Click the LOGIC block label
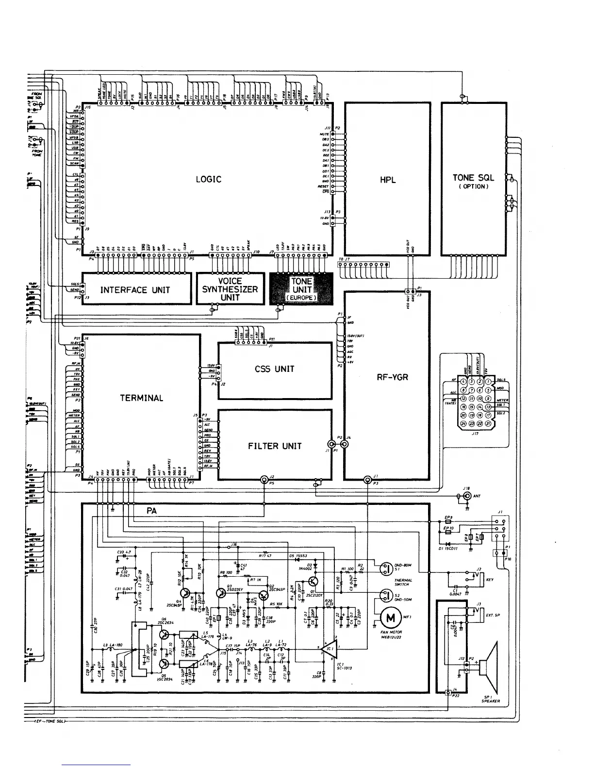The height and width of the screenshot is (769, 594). click(208, 179)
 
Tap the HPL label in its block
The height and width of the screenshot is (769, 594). click(388, 180)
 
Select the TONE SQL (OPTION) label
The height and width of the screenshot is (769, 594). click(473, 181)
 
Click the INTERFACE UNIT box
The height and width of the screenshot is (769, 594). click(135, 290)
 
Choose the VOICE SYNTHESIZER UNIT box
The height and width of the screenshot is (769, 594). click(230, 289)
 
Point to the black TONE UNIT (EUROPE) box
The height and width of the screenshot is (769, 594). click(301, 289)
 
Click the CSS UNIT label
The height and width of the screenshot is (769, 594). click(274, 369)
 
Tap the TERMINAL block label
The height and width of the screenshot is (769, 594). click(142, 398)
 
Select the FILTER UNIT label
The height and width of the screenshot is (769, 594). click(275, 446)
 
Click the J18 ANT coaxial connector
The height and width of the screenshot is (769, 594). click(467, 496)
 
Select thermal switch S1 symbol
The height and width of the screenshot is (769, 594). click(386, 568)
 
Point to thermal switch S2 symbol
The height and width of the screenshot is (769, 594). click(386, 594)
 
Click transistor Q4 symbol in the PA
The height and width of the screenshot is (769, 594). click(185, 593)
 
